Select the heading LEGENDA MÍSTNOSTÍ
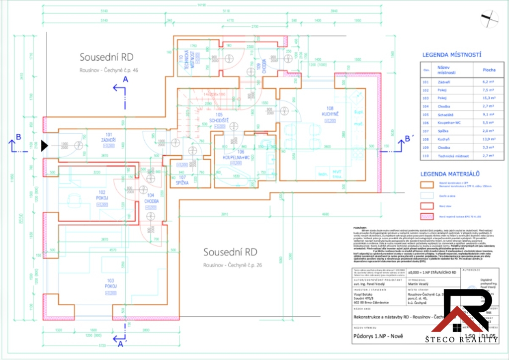pos(452,55)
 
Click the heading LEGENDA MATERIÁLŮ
pos(450,174)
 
